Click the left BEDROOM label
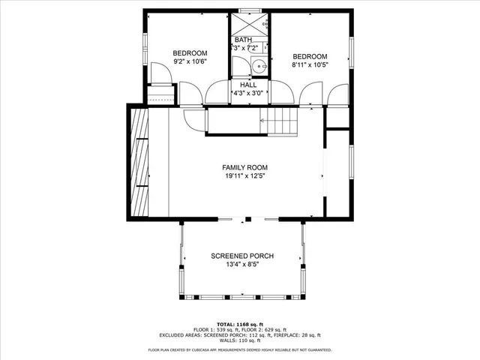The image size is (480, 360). pyautogui.click(x=190, y=52)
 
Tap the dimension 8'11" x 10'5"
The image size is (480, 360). pyautogui.click(x=310, y=66)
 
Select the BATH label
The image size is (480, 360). pyautogui.click(x=243, y=40)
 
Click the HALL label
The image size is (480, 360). pyautogui.click(x=248, y=85)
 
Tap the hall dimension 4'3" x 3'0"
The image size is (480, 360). pyautogui.click(x=248, y=94)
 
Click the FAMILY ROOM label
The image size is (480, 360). pyautogui.click(x=244, y=167)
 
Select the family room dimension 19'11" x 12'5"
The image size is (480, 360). pyautogui.click(x=244, y=176)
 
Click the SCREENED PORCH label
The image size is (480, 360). pyautogui.click(x=241, y=256)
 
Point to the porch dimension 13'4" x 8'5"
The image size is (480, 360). pyautogui.click(x=241, y=265)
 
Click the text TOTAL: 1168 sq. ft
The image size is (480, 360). pyautogui.click(x=239, y=323)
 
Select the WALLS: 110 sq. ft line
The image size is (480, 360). pyautogui.click(x=239, y=341)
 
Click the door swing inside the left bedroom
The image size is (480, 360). pyautogui.click(x=158, y=73)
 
